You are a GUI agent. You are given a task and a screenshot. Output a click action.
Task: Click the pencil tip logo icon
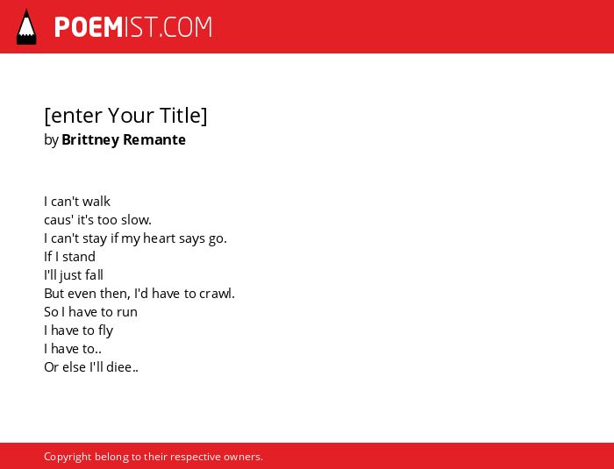click(x=26, y=27)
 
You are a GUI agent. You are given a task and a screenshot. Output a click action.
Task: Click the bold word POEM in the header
click(x=89, y=27)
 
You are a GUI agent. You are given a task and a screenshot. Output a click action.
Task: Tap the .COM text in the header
click(x=185, y=27)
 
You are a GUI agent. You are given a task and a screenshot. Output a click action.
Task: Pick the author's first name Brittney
click(x=90, y=139)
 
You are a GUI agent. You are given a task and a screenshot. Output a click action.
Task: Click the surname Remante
click(x=154, y=139)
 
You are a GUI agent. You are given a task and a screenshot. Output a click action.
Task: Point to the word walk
click(x=96, y=202)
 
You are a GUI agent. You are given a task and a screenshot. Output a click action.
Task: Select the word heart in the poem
click(x=159, y=238)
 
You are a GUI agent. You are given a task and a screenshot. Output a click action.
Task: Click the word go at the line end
click(x=216, y=238)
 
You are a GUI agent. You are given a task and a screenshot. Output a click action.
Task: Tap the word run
click(x=127, y=312)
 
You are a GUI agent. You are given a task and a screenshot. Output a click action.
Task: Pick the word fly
click(x=106, y=330)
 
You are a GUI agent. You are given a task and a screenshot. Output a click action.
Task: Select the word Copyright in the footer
click(x=68, y=457)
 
